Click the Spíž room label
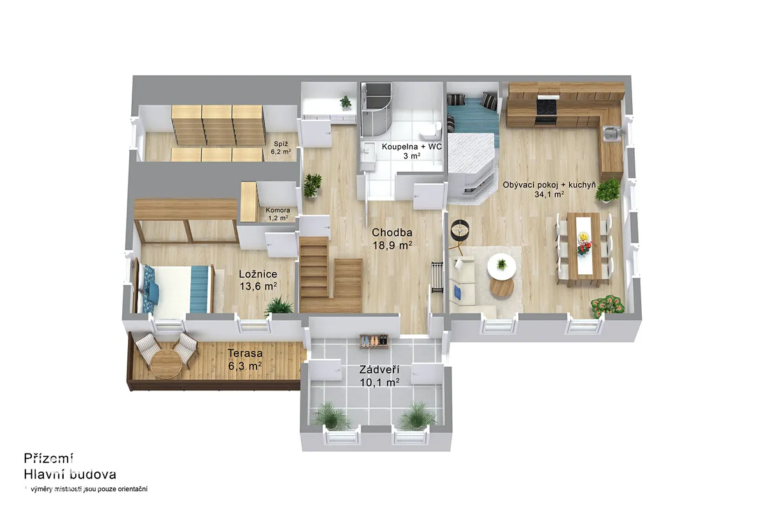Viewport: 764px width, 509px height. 281,148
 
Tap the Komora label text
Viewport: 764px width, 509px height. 278,214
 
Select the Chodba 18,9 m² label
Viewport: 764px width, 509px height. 392,239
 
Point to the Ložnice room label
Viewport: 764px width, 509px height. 258,280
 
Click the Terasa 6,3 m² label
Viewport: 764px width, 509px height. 245,359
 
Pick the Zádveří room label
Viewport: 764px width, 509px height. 379,376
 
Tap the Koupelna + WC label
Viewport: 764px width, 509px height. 412,151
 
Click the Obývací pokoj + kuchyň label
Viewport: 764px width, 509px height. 549,190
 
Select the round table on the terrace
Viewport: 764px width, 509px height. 165,363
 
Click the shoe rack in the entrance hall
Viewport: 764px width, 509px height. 374,341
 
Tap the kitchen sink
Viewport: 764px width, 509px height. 611,133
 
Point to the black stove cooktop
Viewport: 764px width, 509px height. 546,106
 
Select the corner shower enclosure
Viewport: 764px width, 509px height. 375,104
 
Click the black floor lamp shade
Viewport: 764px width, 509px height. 460,230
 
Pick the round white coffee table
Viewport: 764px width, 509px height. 502,267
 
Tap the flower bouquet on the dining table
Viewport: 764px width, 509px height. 584,242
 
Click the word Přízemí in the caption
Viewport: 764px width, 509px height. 48,458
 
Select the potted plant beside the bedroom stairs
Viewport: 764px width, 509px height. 279,305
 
